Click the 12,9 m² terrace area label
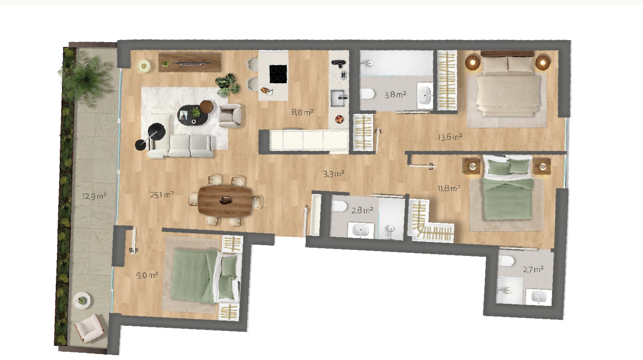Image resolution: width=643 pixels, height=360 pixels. [x=94, y=196]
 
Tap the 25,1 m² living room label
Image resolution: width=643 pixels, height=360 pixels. [x=162, y=195]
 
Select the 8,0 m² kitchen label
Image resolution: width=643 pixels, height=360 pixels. [x=302, y=112]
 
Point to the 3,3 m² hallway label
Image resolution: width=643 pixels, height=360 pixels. [x=334, y=174]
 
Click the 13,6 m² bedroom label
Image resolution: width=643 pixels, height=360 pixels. [x=450, y=137]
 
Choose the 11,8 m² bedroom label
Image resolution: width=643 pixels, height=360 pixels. [x=449, y=188]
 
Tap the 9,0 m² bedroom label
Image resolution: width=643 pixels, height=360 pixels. [x=147, y=275]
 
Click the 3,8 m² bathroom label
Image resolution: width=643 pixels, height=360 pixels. [x=395, y=95]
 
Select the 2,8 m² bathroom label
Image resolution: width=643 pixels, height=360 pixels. [x=362, y=210]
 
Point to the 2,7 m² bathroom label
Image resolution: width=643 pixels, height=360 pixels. [x=533, y=269]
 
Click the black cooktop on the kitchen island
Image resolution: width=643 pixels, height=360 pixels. [x=278, y=74]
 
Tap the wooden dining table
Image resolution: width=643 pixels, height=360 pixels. [x=225, y=200]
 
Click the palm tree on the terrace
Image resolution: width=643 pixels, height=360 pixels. [x=86, y=78]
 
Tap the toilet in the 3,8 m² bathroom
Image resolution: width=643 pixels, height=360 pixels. [x=368, y=94]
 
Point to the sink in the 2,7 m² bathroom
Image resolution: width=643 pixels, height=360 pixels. [x=539, y=296]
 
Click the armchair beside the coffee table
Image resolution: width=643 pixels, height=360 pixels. [x=230, y=115]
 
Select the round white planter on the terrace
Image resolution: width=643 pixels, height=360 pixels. [x=82, y=300]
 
